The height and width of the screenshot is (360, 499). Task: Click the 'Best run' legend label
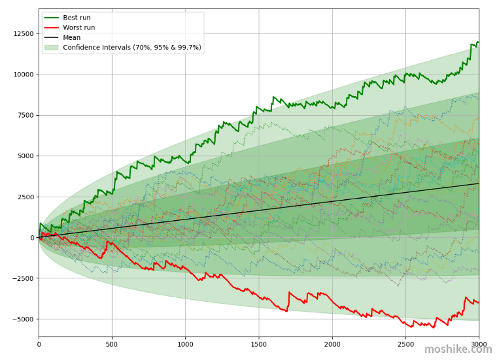coord(77,18)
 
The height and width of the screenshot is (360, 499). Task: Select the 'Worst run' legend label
coord(79,27)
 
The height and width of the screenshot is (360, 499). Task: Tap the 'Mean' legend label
coord(71,37)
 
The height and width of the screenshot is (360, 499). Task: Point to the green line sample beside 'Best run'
coord(51,18)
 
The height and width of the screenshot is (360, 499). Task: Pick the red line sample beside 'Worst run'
coord(51,27)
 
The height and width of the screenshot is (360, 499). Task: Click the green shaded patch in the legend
coord(51,48)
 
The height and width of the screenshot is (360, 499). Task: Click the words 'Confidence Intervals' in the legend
coord(97,48)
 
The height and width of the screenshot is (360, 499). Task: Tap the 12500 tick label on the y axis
coord(24,34)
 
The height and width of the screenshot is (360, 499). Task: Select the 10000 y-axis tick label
coord(24,74)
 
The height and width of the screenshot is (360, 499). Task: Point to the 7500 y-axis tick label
coord(25,115)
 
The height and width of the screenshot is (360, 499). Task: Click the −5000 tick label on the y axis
coord(23,319)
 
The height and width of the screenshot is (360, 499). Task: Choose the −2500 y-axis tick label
coord(23,278)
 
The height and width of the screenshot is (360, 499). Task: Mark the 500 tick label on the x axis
coord(112,344)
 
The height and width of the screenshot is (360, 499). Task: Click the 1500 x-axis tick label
coord(259,344)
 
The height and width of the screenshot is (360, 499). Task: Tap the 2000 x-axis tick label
coord(332,344)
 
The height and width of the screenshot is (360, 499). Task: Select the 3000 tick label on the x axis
coord(479,344)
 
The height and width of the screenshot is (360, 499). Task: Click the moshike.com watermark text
coord(458,349)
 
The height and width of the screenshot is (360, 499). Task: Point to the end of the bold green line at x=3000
coord(479,42)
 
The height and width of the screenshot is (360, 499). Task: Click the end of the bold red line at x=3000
coord(479,303)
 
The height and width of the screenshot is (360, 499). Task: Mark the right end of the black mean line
coord(479,184)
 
